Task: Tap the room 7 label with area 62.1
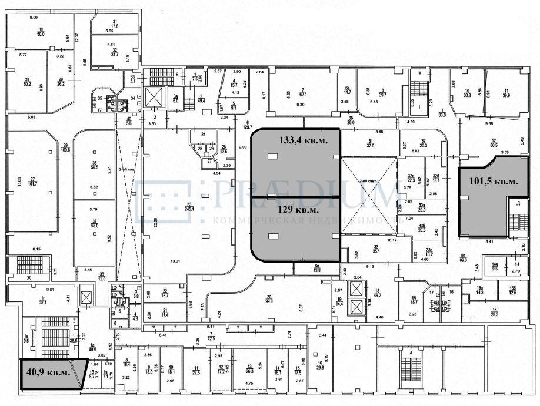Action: [x=305, y=93]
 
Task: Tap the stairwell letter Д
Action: [x=518, y=203]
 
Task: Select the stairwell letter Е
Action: [x=419, y=72]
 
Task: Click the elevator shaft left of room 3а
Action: [x=153, y=98]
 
